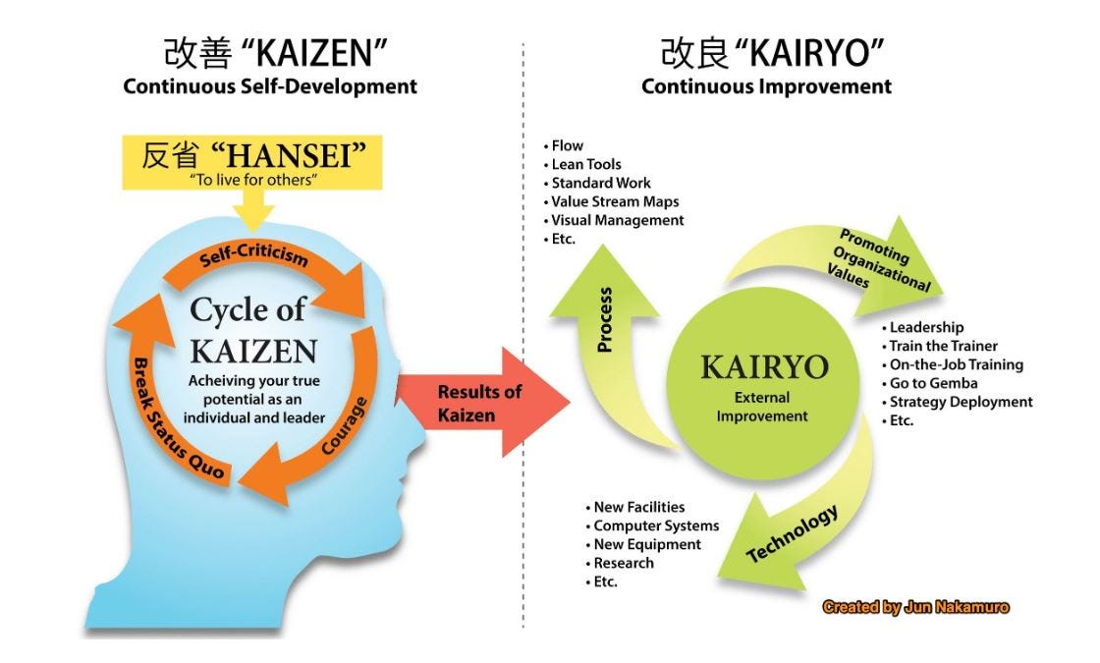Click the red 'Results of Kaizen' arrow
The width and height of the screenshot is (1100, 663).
[x=481, y=402]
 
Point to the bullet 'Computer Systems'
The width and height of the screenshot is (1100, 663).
[x=655, y=525]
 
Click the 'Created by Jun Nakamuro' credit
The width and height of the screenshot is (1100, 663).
[x=915, y=608]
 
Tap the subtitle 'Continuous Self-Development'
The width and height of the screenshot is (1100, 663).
[x=270, y=86]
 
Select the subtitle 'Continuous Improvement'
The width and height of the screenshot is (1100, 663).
[x=766, y=86]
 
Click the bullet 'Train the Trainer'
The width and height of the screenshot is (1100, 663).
[x=942, y=346]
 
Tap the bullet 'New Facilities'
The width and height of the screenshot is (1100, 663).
[x=638, y=507]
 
